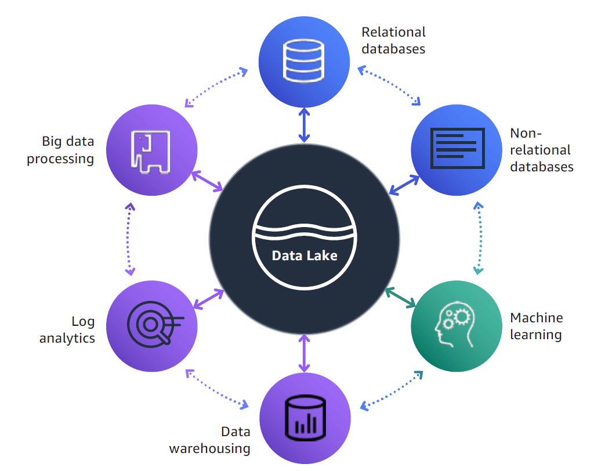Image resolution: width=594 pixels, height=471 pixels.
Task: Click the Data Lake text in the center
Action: click(305, 255)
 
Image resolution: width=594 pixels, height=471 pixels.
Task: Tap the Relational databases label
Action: click(393, 40)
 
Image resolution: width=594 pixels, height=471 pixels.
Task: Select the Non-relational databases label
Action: click(541, 150)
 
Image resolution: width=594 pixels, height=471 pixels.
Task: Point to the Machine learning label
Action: click(536, 326)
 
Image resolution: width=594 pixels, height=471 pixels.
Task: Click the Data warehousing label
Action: click(209, 440)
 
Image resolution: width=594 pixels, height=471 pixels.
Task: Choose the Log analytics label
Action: click(67, 329)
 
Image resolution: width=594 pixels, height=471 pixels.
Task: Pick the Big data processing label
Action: click(60, 150)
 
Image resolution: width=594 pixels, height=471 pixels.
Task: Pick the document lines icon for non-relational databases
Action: click(457, 148)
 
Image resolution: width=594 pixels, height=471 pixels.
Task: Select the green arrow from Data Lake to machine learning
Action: click(401, 297)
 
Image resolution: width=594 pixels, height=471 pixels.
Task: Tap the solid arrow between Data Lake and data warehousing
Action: click(304, 354)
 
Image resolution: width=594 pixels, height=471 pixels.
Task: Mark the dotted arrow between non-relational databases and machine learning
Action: click(478, 238)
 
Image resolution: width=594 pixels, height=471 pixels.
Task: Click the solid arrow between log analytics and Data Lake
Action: click(208, 299)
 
